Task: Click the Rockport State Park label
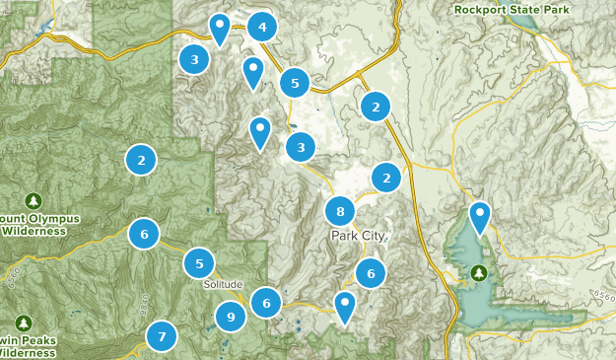tap(513, 9)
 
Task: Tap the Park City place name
tap(360, 237)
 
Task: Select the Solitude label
tap(223, 284)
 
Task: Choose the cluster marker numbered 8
tap(340, 211)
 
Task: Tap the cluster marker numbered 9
tap(231, 317)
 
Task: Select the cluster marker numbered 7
tap(162, 336)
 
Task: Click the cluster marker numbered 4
tap(261, 28)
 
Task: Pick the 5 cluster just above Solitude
tap(199, 263)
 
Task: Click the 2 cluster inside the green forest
tap(142, 159)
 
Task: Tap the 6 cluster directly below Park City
tap(371, 274)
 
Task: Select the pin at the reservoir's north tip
tap(480, 217)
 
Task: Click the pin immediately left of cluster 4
tap(221, 29)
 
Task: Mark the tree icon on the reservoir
tap(480, 273)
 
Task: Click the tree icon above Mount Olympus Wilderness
tap(34, 200)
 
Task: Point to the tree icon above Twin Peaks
tap(24, 323)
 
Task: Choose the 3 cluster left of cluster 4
tap(195, 60)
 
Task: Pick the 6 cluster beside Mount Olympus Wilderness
tap(144, 234)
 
